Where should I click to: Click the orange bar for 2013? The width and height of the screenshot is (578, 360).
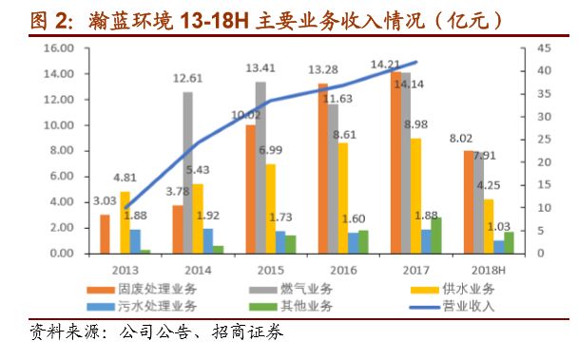click(105, 234)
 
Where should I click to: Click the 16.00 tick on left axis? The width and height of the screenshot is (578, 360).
click(57, 48)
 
